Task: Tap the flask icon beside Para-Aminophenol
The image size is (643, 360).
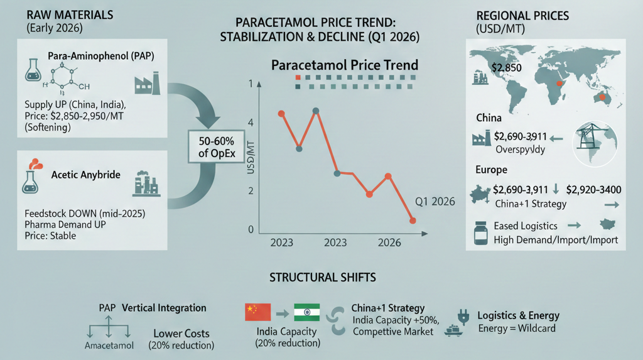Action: coord(31,70)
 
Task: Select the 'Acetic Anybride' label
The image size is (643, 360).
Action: coord(85,175)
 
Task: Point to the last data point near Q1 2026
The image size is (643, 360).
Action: coord(413,221)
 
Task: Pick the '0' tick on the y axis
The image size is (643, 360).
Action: coord(251,230)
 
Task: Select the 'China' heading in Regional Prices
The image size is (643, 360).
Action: coord(489,118)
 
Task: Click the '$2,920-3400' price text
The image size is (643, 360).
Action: coord(593,188)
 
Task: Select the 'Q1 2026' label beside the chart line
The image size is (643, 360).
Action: coord(435,202)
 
